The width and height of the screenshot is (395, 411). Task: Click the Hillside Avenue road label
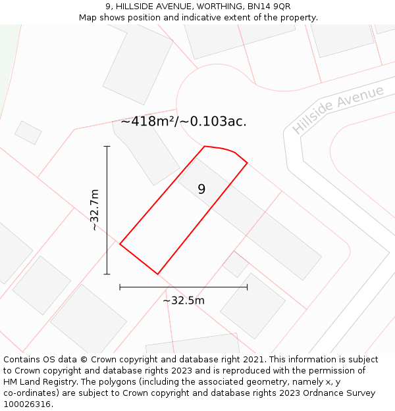(x=338, y=110)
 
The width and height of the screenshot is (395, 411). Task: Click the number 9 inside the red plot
(x=201, y=189)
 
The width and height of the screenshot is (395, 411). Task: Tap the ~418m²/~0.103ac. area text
(x=184, y=122)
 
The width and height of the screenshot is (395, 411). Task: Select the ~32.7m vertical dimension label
(x=94, y=210)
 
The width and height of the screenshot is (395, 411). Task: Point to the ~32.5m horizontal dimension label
(x=184, y=301)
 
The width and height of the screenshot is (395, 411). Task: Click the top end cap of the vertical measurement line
(x=107, y=147)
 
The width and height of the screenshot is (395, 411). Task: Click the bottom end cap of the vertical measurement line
(x=107, y=274)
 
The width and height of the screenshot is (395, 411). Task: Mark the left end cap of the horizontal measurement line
(x=120, y=287)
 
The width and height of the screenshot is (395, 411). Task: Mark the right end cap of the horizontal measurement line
(x=248, y=287)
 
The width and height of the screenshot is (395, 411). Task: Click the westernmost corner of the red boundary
(x=120, y=244)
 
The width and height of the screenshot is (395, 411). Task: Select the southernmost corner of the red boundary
(x=158, y=274)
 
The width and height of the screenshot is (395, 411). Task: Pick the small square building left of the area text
(x=28, y=133)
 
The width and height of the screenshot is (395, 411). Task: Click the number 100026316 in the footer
(x=27, y=404)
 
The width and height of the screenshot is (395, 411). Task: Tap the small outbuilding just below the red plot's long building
(x=236, y=264)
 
